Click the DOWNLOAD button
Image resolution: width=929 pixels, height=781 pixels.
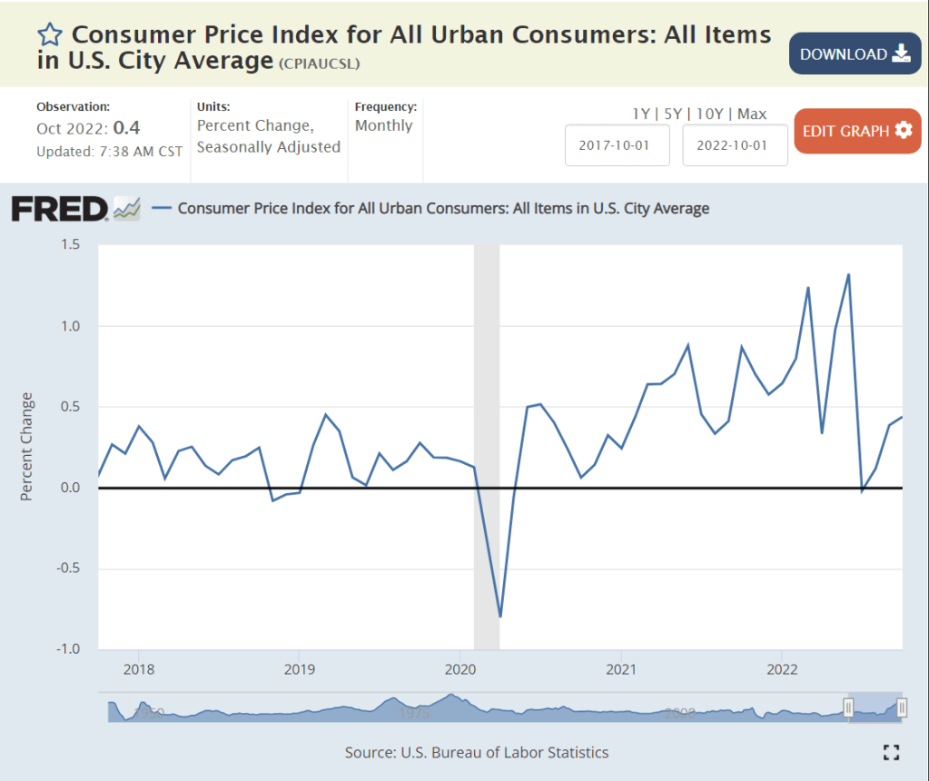(855, 54)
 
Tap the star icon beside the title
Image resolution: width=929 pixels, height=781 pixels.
(50, 35)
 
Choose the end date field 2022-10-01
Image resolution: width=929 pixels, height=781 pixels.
(735, 145)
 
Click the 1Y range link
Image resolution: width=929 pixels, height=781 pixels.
(641, 114)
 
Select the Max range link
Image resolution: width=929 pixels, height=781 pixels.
(752, 114)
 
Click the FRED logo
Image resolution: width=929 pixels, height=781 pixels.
(60, 209)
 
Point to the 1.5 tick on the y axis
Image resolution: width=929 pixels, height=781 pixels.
(70, 244)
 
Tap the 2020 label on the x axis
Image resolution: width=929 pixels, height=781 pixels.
(460, 670)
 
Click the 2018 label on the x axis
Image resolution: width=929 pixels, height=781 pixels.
(138, 670)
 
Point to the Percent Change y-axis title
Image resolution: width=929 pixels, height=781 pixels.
(27, 446)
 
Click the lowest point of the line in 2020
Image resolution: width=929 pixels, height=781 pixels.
(500, 617)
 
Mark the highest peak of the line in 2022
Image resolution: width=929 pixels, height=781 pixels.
(848, 274)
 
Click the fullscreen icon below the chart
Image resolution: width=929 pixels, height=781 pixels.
(892, 752)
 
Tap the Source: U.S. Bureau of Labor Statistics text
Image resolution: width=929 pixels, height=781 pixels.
(477, 752)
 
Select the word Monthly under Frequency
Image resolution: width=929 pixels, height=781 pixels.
(384, 125)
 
